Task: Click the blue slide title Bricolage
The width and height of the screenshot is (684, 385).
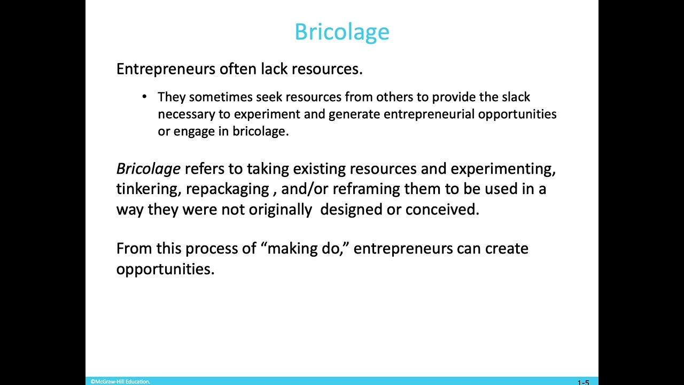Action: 342,32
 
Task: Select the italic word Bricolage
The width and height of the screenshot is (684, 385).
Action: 148,169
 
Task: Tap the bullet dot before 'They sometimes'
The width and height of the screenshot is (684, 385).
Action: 144,97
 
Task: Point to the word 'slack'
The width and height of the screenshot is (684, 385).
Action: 516,97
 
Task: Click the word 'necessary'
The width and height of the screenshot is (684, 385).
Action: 184,114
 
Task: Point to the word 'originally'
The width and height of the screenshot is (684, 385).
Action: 280,210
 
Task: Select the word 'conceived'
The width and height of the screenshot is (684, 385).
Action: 442,210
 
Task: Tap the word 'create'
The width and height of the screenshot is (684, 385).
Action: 507,249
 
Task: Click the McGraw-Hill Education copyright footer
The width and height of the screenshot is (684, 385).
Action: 120,382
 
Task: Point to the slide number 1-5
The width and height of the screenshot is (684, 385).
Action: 583,382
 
